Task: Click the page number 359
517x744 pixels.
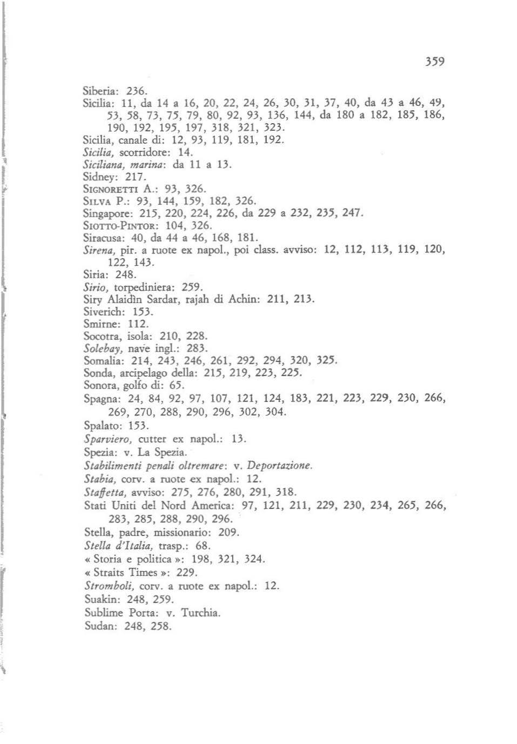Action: click(434, 62)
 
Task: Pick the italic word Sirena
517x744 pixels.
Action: click(97, 250)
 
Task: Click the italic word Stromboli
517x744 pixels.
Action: click(109, 586)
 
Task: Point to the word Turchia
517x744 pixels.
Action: click(200, 613)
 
